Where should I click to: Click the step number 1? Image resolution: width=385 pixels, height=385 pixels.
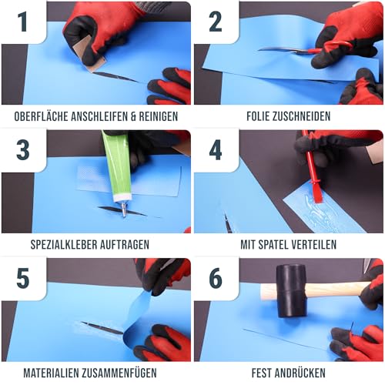[23, 22]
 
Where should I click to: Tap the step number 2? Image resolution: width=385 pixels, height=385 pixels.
[216, 22]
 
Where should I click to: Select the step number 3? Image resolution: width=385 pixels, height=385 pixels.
[23, 149]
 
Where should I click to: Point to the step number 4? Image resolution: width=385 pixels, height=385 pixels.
[216, 149]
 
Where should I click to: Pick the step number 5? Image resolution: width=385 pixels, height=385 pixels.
[23, 277]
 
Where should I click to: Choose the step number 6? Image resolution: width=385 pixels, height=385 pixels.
[216, 277]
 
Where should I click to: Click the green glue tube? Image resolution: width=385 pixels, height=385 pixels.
[115, 166]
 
